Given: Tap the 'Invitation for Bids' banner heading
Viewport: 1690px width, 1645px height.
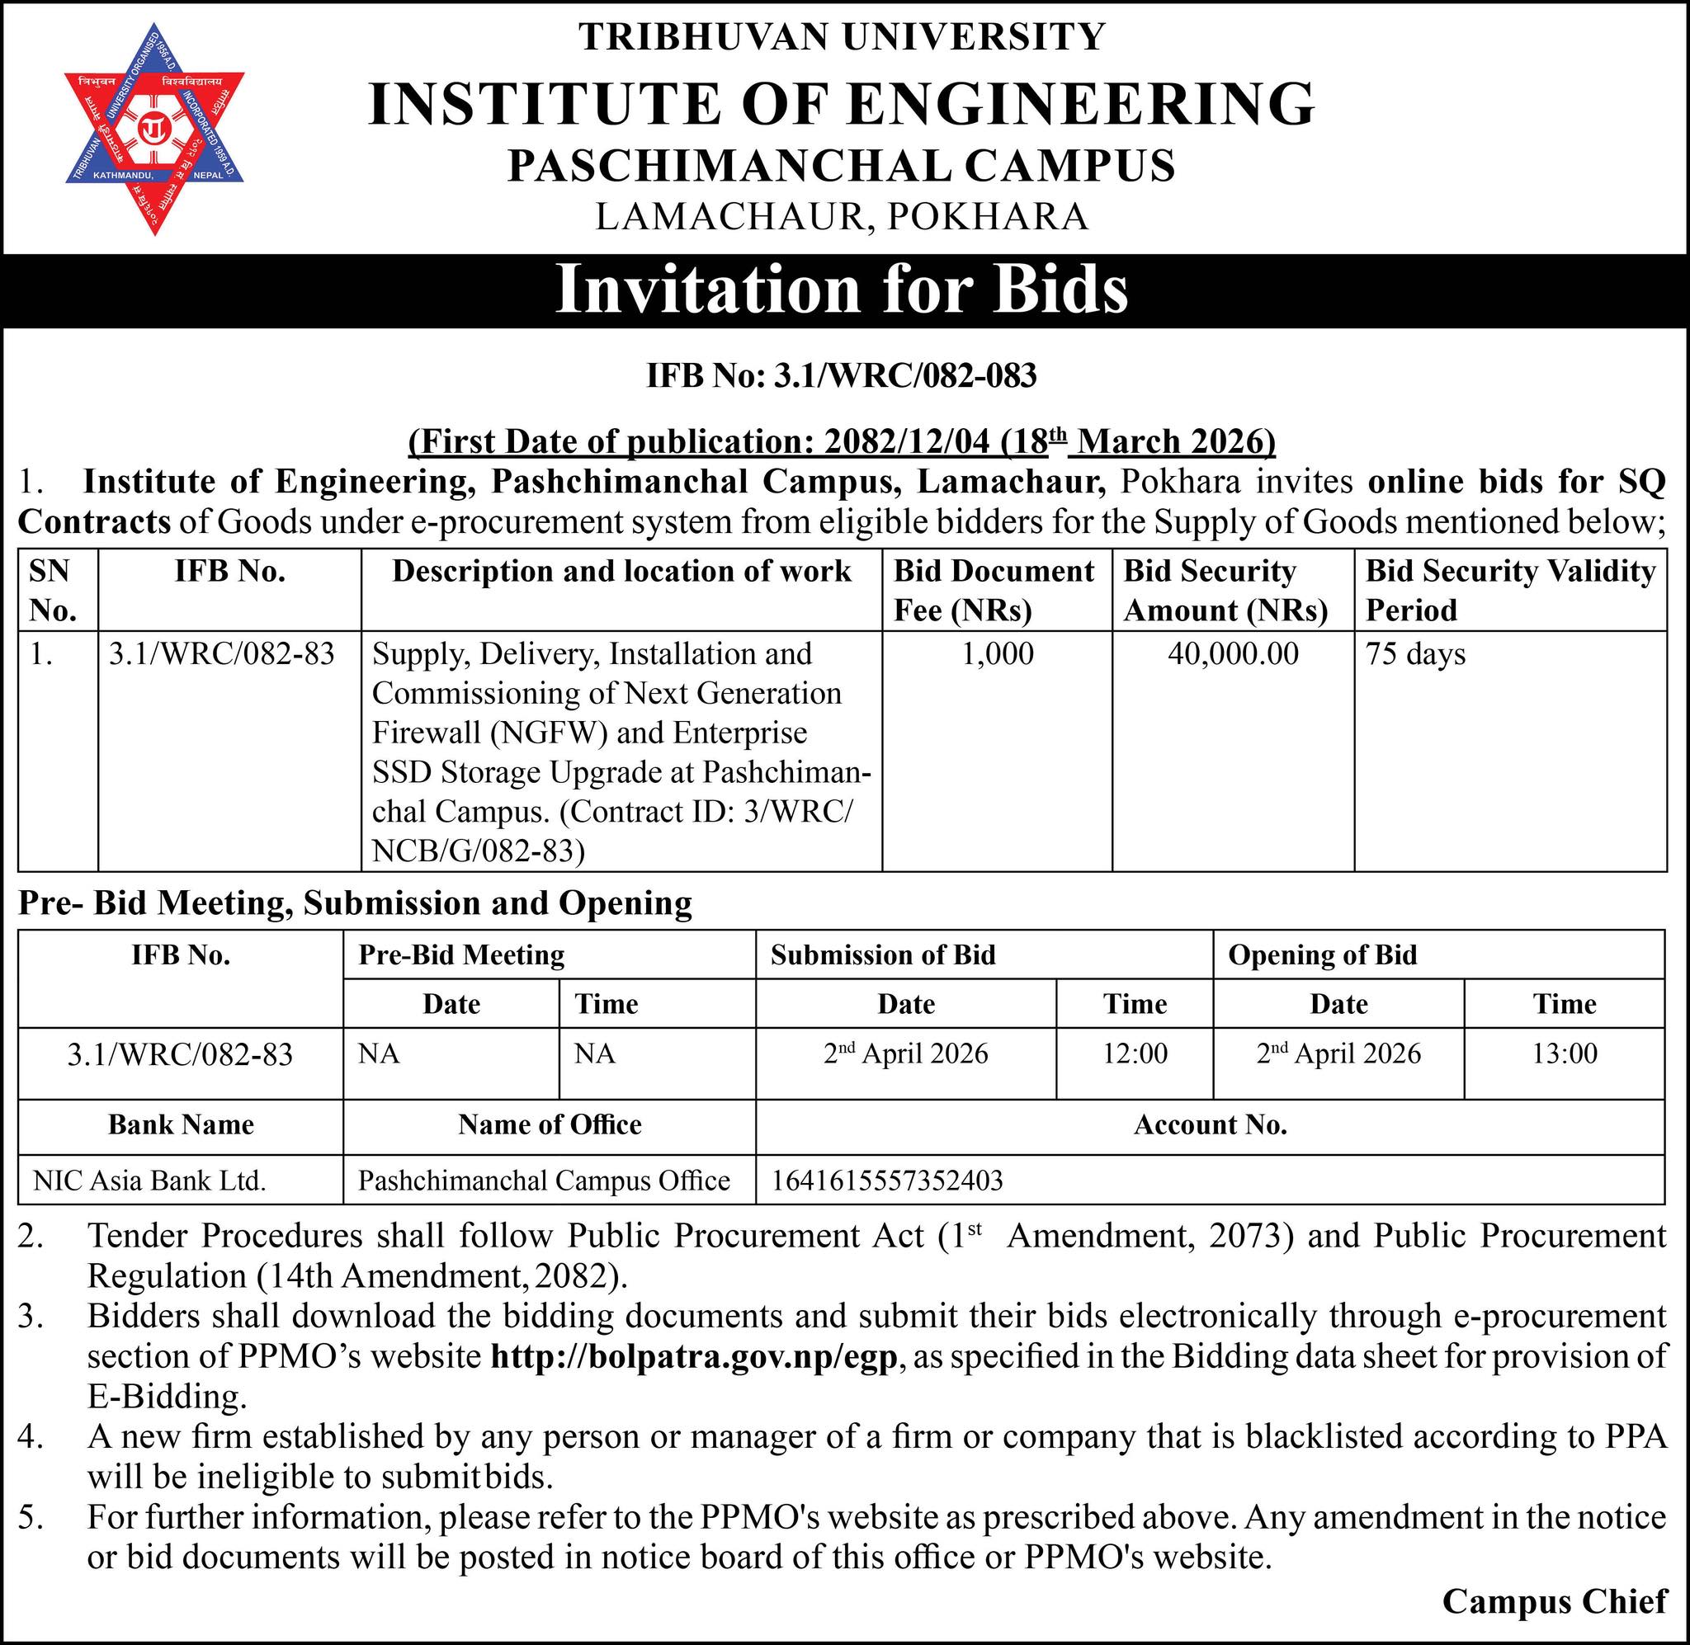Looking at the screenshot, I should (x=842, y=290).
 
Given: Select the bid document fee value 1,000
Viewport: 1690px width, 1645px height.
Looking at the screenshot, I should (x=997, y=654).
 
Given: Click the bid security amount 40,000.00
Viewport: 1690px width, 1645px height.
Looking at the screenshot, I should (x=1233, y=654).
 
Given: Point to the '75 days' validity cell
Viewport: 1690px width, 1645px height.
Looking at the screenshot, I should (x=1415, y=654).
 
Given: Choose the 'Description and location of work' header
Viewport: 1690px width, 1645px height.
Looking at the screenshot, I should (x=621, y=572).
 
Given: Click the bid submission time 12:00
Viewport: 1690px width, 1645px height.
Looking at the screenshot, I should (x=1135, y=1053).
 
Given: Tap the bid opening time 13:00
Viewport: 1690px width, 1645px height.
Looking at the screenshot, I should (x=1564, y=1053).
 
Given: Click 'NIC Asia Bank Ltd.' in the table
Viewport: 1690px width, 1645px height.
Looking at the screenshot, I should (x=149, y=1181).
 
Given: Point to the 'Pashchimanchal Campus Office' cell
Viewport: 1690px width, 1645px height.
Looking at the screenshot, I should (x=544, y=1181).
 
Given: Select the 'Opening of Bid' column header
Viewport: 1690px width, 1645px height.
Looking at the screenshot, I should (x=1322, y=954).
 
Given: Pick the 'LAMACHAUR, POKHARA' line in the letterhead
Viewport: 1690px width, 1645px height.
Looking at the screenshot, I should (x=842, y=216).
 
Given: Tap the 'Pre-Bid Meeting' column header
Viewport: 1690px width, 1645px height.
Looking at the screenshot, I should (x=461, y=954).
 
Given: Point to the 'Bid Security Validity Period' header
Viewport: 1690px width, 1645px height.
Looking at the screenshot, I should (x=1509, y=591).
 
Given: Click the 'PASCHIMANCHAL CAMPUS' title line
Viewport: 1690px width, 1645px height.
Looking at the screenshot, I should (x=842, y=165).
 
